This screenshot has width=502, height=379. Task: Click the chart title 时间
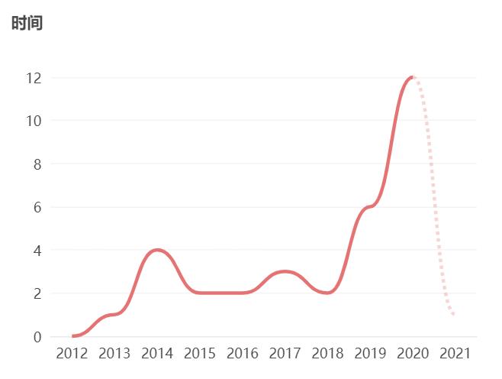(x=27, y=23)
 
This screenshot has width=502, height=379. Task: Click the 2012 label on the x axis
(x=72, y=353)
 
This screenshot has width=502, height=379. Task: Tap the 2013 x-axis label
(x=114, y=353)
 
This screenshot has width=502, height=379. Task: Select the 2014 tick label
(x=157, y=353)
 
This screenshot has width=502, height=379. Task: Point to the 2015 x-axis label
(x=200, y=353)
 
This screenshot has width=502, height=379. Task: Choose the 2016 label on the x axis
(x=243, y=353)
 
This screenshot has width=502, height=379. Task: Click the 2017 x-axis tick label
(x=285, y=353)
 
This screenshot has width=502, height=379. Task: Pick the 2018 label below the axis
(x=327, y=353)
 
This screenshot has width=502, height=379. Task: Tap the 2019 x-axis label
(x=370, y=353)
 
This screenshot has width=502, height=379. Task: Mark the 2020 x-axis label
(x=413, y=353)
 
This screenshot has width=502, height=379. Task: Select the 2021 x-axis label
(x=455, y=353)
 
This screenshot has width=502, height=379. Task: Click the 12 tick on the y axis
(x=33, y=78)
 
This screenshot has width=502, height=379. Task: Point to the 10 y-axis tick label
(x=33, y=121)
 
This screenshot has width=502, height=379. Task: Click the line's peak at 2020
(x=412, y=77)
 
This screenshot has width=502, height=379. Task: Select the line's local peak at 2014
(x=157, y=250)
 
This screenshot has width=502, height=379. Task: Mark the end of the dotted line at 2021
(x=455, y=314)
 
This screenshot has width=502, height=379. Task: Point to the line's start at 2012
(x=72, y=335)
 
